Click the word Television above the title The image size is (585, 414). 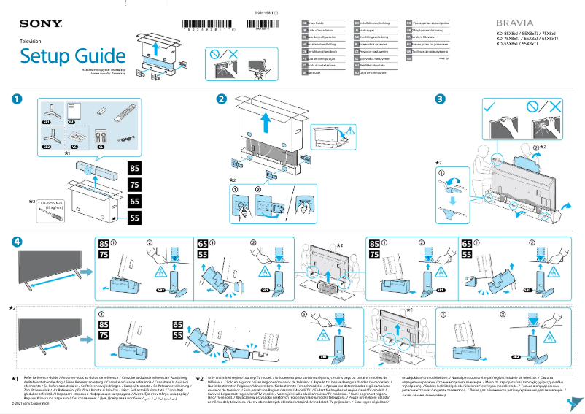pyautogui.click(x=31, y=42)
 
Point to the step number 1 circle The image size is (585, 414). pyautogui.click(x=17, y=99)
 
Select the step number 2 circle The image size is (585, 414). pyautogui.click(x=221, y=99)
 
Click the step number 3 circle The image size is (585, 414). pyautogui.click(x=439, y=99)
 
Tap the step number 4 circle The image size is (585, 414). pyautogui.click(x=17, y=241)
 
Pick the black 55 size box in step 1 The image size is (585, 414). pyautogui.click(x=134, y=218)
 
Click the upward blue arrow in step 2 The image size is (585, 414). pyautogui.click(x=266, y=120)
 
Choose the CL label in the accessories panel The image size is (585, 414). pyautogui.click(x=101, y=146)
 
